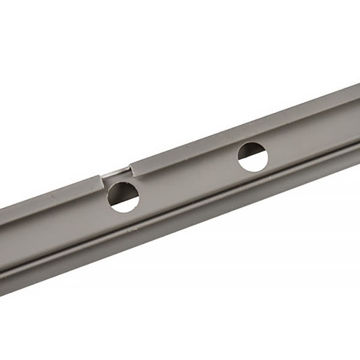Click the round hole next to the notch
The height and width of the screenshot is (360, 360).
(x=124, y=197)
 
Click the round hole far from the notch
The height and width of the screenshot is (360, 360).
(x=253, y=157)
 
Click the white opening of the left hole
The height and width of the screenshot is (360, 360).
(x=125, y=203)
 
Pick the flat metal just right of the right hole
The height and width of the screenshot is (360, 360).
(x=280, y=150)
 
